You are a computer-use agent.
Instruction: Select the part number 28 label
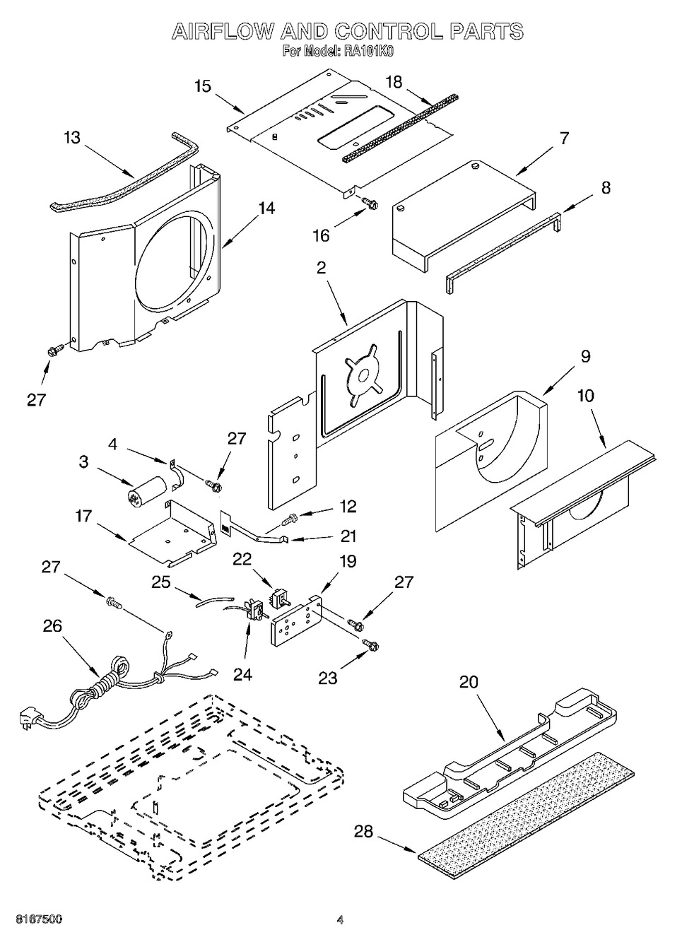click(x=363, y=832)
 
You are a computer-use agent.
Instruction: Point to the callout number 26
click(x=52, y=625)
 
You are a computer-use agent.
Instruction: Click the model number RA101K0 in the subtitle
click(x=368, y=51)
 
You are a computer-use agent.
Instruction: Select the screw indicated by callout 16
click(x=369, y=204)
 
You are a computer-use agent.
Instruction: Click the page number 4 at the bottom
click(x=340, y=919)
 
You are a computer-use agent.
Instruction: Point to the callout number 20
click(x=469, y=682)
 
